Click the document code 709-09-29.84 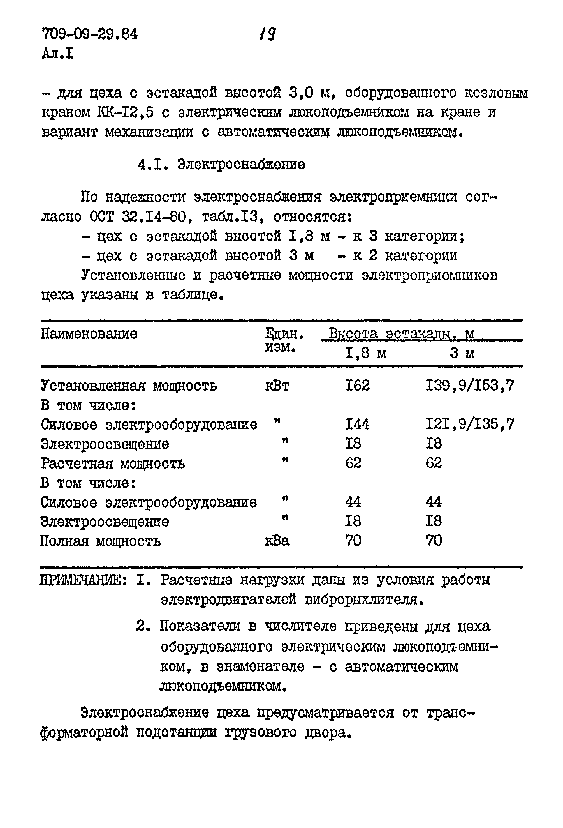coord(89,34)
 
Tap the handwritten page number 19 coord(268,34)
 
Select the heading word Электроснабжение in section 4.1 coord(241,165)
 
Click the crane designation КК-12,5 coord(125,113)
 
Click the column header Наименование coord(89,334)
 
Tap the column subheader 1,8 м coord(366,353)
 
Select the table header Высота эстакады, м coord(401,334)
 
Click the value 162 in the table coord(358,386)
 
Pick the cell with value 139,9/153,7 coord(470,386)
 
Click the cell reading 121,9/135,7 coord(470,424)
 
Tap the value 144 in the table coord(357,424)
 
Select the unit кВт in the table coord(277,386)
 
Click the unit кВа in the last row coord(277,541)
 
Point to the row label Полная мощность coord(100,541)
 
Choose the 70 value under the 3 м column coord(434,541)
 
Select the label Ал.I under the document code coord(58,54)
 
